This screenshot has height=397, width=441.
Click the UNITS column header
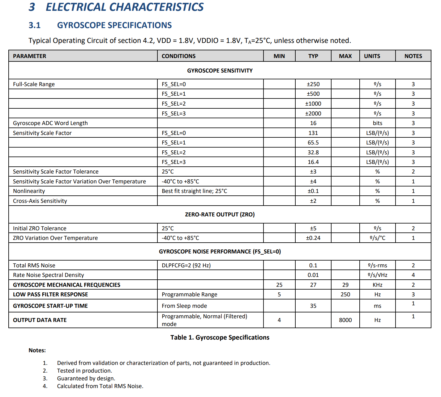pos(372,56)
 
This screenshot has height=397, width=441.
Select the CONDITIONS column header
pos(178,56)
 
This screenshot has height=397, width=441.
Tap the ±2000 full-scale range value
pos(313,113)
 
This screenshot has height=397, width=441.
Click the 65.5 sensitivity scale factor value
pos(313,143)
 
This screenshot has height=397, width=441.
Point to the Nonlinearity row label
pos(29,191)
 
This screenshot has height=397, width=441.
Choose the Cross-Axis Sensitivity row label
pos(40,201)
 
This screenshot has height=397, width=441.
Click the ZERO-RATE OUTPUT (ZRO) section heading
pos(220,215)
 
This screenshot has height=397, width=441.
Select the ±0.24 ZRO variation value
pos(313,238)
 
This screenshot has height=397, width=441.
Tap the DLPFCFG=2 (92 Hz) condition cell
pos(186,265)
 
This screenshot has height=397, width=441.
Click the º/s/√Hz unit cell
pos(377,275)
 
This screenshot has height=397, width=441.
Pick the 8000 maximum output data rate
pos(345,320)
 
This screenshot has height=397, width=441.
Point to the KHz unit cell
pos(377,285)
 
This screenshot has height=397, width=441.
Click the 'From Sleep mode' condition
pos(184,306)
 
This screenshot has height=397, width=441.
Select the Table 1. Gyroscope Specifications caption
pos(220,337)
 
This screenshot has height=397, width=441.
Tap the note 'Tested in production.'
pos(84,371)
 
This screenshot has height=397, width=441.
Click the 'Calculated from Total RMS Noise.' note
pos(100,386)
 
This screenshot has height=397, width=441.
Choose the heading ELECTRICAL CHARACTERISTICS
pos(124,7)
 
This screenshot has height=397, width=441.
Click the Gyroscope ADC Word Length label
pos(50,123)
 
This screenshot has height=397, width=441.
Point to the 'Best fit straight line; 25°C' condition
pos(194,191)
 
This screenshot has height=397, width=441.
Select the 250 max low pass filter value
pos(345,295)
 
